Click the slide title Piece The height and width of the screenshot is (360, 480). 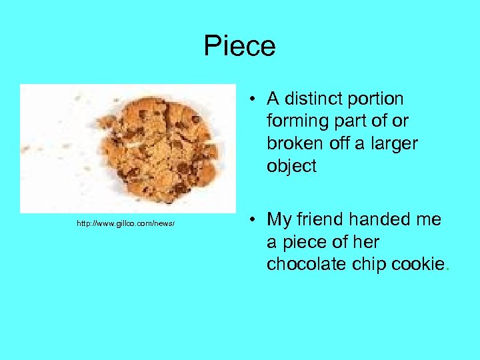point(239,46)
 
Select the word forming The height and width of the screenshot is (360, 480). point(293,121)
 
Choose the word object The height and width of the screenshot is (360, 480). point(291,166)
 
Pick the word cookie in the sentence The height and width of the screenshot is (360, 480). point(417,264)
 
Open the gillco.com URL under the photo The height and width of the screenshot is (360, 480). point(125,223)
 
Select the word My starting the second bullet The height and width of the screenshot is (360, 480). point(278,219)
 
